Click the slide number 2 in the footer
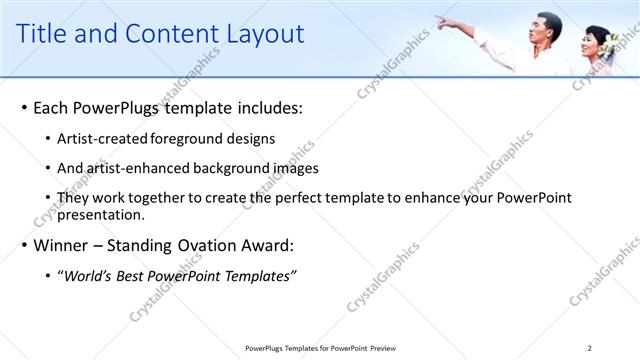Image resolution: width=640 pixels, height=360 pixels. pyautogui.click(x=590, y=348)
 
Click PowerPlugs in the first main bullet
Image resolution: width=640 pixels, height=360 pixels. pyautogui.click(x=116, y=107)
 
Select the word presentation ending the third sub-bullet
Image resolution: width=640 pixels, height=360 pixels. pyautogui.click(x=101, y=214)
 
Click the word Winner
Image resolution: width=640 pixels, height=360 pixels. pyautogui.click(x=62, y=245)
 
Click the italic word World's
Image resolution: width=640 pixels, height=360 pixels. pyautogui.click(x=86, y=276)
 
